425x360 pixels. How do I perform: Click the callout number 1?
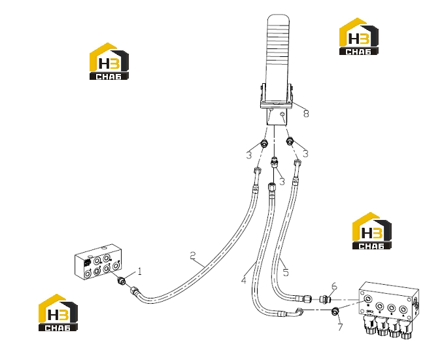pos(139,271)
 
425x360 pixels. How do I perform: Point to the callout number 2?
pos(192,255)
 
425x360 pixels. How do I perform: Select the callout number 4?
pos(244,280)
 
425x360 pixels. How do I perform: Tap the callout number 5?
pos(286,272)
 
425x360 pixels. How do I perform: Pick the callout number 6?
pos(334,286)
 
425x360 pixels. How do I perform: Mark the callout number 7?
pos(340,327)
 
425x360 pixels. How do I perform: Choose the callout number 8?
pos(306,113)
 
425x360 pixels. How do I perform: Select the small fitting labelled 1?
pos(122,281)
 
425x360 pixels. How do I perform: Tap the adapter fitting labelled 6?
pos(324,300)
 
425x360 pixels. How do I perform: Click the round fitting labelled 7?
pos(335,312)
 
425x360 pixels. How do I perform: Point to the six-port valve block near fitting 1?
pos(98,262)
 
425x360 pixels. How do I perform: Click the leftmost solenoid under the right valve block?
pos(368,324)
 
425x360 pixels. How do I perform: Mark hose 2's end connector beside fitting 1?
pos(135,292)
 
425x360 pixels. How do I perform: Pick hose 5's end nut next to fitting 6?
pos(307,298)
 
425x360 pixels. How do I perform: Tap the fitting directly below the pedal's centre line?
pos(275,162)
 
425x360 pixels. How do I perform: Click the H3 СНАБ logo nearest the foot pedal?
pos(359,37)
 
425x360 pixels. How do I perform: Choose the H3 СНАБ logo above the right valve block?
pos(372,230)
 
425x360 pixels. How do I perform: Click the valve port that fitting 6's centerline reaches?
pos(368,299)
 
